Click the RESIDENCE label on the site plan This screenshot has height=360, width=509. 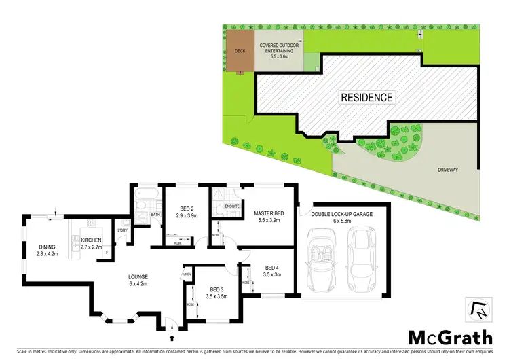[x=366, y=97]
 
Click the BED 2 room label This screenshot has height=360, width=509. [x=188, y=211]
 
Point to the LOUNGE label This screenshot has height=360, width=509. [x=138, y=281]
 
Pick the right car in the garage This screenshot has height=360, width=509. [x=361, y=255]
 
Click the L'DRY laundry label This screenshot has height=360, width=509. [x=122, y=230]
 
